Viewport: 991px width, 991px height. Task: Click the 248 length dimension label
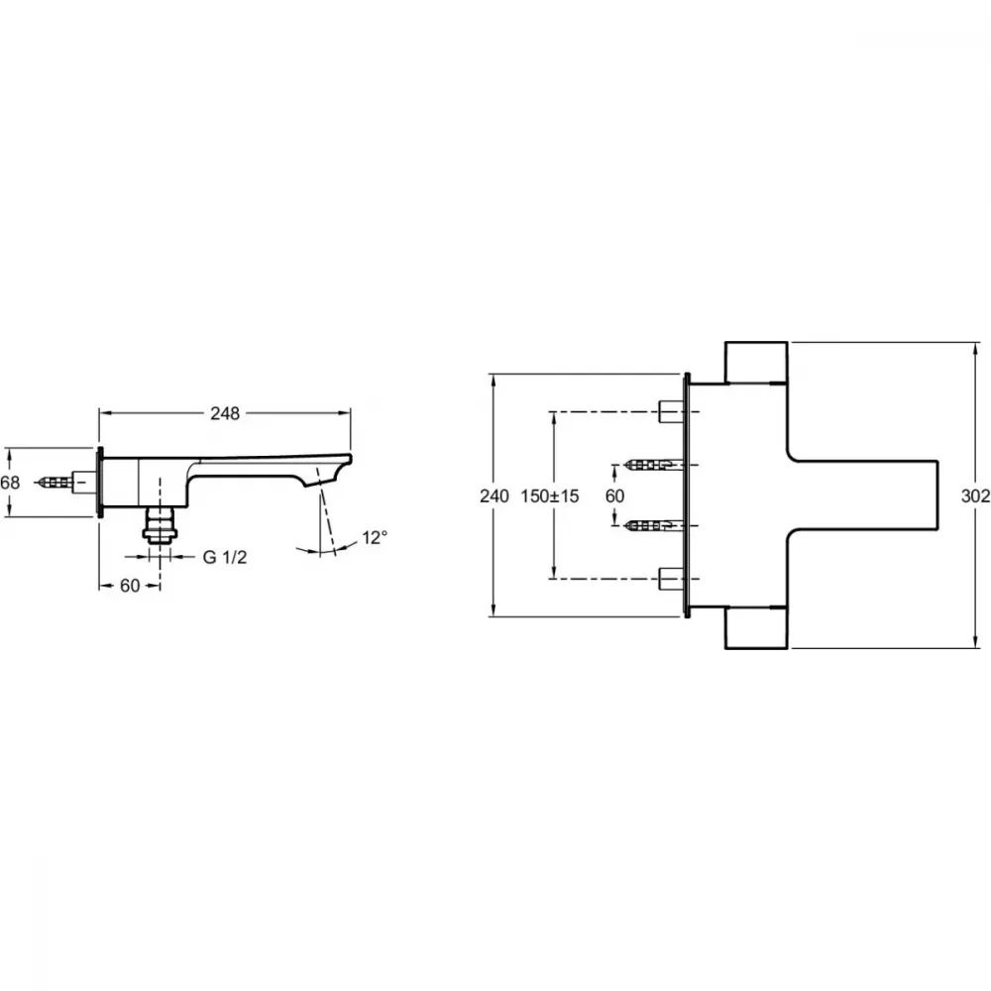pos(225,413)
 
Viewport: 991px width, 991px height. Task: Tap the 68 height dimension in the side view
pos(10,483)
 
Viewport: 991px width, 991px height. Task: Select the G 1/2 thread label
pos(225,557)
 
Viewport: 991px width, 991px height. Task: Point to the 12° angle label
pos(375,538)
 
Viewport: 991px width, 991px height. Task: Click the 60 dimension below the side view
pos(130,586)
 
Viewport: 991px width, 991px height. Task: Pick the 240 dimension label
pos(494,496)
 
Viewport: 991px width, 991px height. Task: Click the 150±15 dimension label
pos(550,496)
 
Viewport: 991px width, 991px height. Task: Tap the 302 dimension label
pos(975,496)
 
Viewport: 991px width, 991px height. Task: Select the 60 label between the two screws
pos(615,496)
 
